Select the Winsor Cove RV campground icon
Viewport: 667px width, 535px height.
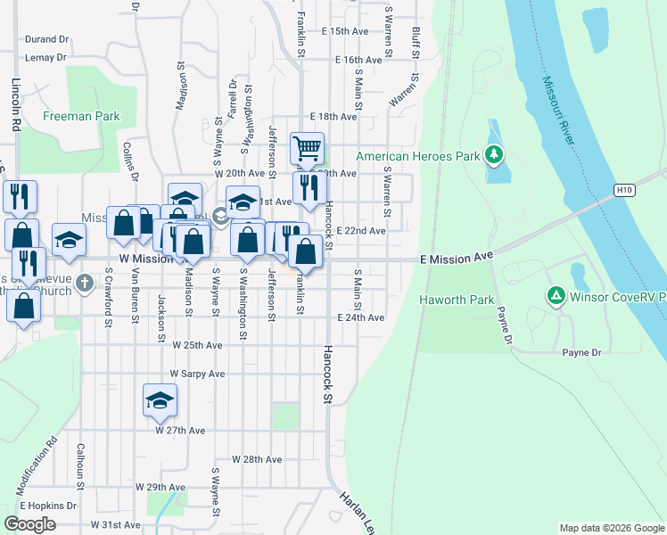pos(556,295)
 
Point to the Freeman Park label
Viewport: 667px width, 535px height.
pos(81,116)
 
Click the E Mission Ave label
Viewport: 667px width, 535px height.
pos(457,257)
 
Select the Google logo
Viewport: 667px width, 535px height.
pos(29,523)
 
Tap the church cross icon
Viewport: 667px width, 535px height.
pos(85,284)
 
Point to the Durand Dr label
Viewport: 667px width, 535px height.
pos(47,39)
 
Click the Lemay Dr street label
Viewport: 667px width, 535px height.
pos(47,57)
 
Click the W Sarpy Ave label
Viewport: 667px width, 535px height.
pos(197,374)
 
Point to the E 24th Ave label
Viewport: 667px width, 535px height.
pos(360,317)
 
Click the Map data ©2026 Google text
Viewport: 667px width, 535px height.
pos(612,528)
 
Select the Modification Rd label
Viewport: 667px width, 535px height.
pos(37,465)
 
